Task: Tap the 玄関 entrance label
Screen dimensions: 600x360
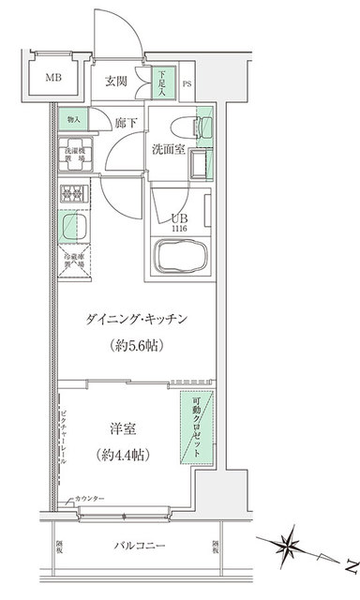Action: point(116,81)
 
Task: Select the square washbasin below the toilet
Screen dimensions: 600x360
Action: point(199,164)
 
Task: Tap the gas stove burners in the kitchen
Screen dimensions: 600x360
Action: point(73,195)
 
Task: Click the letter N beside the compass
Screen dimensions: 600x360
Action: point(349,566)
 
